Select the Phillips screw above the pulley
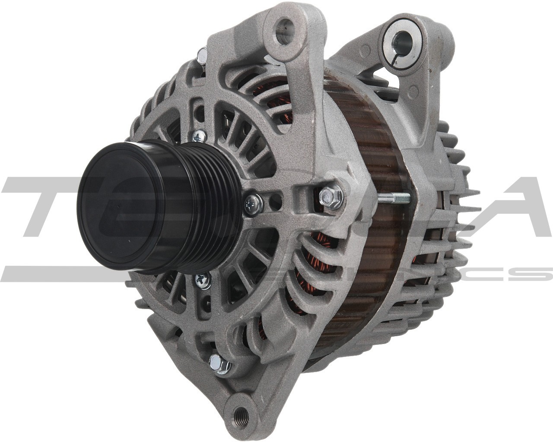199,136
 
